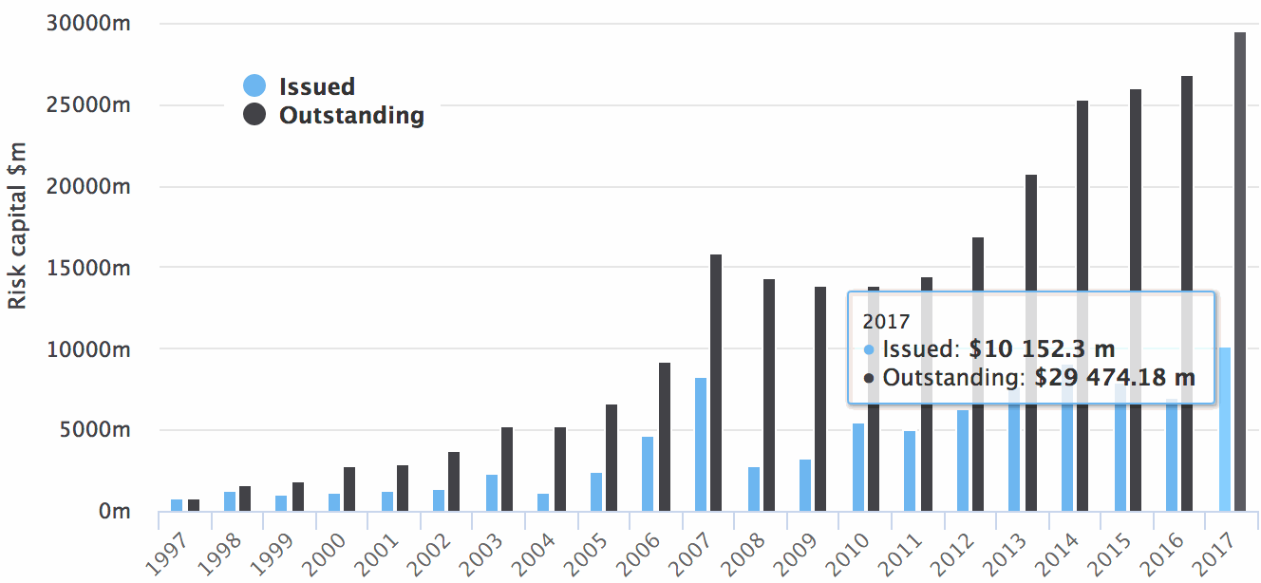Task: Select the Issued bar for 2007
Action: click(701, 444)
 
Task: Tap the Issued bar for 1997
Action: click(177, 505)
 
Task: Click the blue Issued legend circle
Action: click(254, 86)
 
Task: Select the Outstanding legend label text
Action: click(351, 116)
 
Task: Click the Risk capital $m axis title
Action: click(17, 224)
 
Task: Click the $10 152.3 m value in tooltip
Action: click(1042, 348)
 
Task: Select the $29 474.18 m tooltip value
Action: click(1114, 378)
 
